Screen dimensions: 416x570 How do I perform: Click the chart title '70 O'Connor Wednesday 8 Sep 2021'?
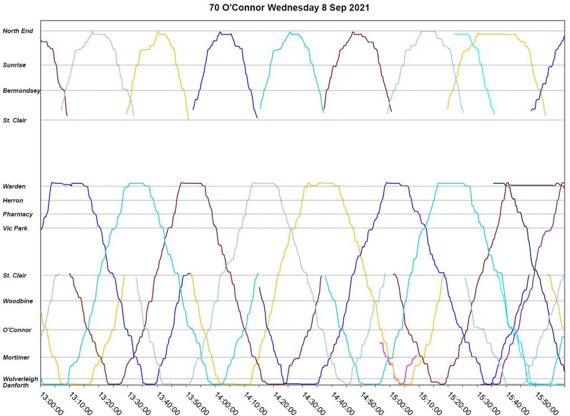point(288,8)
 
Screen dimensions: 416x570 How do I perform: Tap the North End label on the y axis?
point(18,31)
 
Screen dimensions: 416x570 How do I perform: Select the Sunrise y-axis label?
point(14,65)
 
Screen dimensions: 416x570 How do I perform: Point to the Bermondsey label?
point(21,90)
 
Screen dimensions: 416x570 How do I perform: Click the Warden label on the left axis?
point(14,186)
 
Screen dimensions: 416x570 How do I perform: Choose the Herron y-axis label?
point(13,200)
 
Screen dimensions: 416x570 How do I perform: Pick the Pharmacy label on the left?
point(18,214)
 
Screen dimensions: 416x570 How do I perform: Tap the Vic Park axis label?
point(15,228)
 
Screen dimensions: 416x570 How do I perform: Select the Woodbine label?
point(18,301)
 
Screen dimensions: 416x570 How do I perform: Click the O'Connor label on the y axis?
point(17,330)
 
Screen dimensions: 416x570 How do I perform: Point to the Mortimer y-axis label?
point(17,358)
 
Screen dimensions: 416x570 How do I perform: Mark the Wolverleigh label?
point(21,379)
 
